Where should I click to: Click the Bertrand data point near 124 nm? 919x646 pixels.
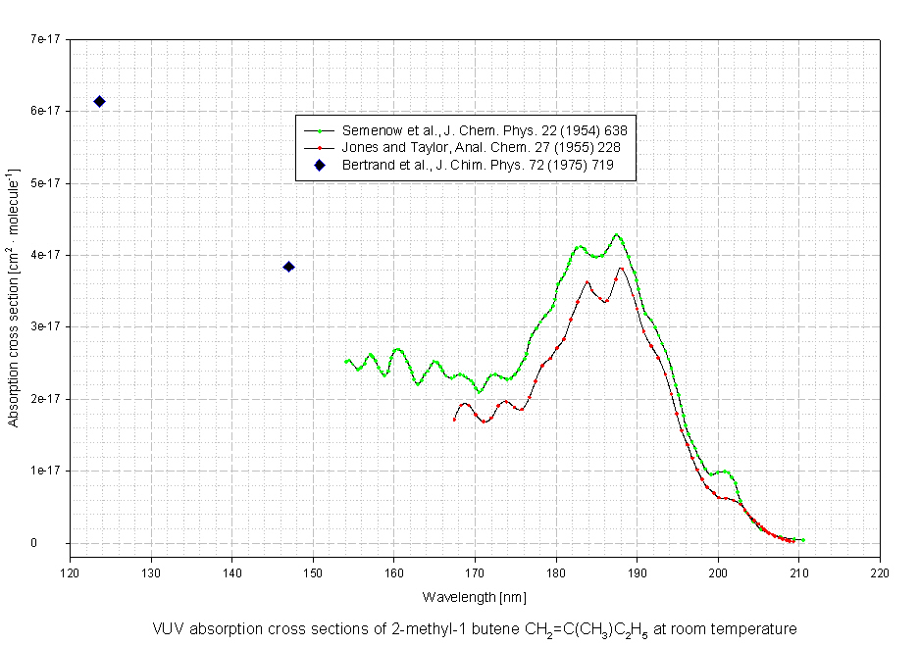(99, 102)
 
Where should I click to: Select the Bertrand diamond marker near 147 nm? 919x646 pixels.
(288, 267)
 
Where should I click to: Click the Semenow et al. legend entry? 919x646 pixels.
(485, 130)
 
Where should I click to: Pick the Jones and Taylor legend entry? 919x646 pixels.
(481, 147)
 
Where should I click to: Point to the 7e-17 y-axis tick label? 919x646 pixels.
(44, 39)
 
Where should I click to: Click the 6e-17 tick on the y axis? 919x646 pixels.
(44, 112)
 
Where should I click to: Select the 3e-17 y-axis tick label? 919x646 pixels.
(44, 326)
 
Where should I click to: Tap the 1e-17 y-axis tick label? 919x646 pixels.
(44, 471)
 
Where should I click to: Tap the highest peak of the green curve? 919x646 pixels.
(617, 235)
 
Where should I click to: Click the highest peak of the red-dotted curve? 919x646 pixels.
(621, 268)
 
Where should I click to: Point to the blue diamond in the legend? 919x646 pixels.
(319, 165)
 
